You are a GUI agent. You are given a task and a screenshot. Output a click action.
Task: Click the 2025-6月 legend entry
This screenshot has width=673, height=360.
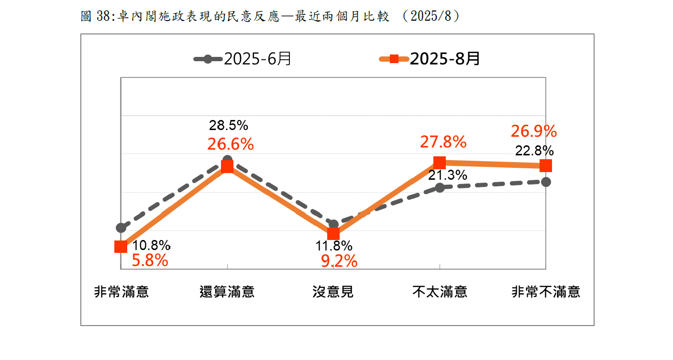(243, 59)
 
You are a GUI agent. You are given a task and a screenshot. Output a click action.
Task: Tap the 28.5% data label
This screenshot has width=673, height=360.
(229, 126)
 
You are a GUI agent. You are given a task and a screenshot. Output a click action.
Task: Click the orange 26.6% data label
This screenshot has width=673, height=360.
(230, 143)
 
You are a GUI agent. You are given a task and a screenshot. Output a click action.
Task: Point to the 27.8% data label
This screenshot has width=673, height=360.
(443, 142)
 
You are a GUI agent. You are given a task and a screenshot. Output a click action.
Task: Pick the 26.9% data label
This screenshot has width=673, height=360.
(533, 131)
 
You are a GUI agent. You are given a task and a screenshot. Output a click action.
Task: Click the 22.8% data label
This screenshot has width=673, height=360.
(534, 151)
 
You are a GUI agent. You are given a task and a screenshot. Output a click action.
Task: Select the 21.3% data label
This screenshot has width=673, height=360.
(447, 175)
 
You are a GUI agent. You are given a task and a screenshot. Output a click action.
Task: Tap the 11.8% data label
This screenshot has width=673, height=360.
(333, 246)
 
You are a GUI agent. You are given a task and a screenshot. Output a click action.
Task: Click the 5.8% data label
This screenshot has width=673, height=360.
(150, 261)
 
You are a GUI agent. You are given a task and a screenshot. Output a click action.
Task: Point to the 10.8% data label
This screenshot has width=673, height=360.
(151, 246)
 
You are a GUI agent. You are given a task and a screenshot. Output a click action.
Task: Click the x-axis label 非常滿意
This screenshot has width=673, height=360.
(121, 292)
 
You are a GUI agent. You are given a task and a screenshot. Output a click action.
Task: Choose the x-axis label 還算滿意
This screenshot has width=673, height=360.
(227, 292)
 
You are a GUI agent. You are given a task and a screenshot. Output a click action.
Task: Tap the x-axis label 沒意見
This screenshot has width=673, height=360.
(333, 292)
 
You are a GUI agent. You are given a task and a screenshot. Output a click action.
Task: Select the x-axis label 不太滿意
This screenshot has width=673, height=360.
(440, 292)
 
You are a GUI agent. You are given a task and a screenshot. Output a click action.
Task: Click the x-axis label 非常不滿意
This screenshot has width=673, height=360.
(546, 292)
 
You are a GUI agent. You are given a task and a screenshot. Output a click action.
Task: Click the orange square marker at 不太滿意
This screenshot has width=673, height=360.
(440, 162)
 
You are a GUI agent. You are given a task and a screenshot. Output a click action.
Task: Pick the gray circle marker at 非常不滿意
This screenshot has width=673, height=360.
(546, 182)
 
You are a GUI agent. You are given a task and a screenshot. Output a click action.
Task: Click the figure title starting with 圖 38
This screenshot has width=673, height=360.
(270, 16)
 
